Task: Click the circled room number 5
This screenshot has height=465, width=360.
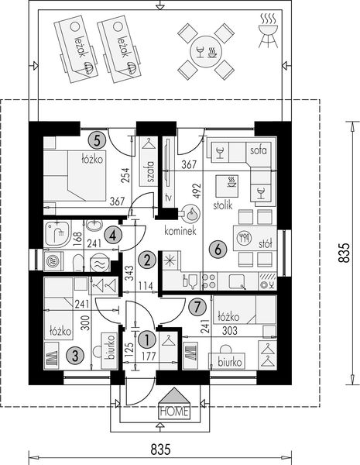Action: [x=96, y=140]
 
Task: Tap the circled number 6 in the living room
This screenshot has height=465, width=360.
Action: [x=218, y=249]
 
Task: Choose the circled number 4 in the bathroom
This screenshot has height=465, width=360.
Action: [x=113, y=233]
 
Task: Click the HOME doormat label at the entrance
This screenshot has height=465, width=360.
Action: [x=173, y=411]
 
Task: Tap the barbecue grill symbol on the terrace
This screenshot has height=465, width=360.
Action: [x=266, y=31]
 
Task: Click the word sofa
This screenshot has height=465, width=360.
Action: [x=258, y=150]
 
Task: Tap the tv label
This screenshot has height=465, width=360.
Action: [x=167, y=198]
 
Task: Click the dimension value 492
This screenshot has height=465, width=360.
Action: [x=197, y=191]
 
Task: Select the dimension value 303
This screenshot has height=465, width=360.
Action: [x=230, y=330]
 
